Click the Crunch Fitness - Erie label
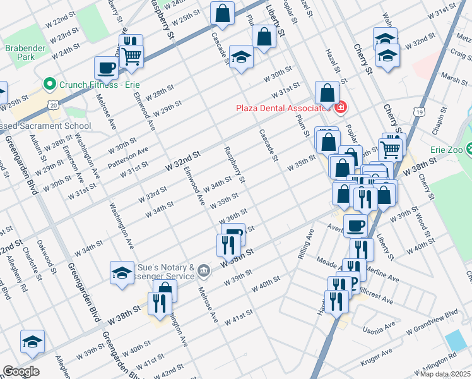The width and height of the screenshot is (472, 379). coord(99,84)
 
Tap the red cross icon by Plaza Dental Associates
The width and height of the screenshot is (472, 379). coord(341,107)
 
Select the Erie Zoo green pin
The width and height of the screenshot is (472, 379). coord(469,149)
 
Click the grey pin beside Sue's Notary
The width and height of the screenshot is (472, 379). coord(203,271)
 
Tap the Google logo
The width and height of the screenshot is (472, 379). coord(21,371)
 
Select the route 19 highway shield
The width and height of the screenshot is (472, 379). coord(418,112)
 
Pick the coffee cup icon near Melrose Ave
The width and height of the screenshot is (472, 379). coord(107,68)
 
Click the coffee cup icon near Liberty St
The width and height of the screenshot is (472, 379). coord(355,226)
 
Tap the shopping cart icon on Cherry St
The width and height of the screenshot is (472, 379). coord(391,149)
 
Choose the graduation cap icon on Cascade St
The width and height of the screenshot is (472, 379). coord(240,57)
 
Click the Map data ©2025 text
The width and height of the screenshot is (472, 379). coord(445,374)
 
